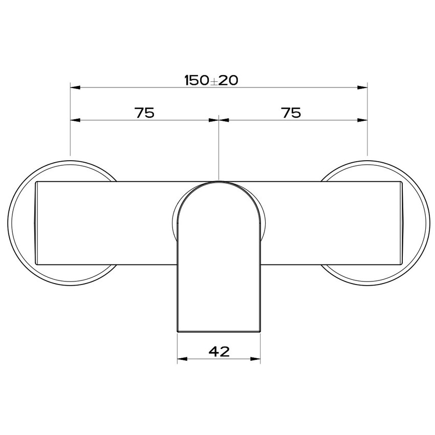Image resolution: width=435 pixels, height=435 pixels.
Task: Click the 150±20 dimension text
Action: pyautogui.click(x=211, y=80)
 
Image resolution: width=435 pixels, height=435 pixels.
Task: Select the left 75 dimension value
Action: pyautogui.click(x=145, y=113)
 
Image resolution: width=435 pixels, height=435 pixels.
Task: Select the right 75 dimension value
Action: pyautogui.click(x=291, y=113)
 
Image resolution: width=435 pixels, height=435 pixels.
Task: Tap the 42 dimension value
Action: pyautogui.click(x=219, y=352)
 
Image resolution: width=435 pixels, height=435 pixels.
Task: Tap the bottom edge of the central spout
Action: pyautogui.click(x=219, y=332)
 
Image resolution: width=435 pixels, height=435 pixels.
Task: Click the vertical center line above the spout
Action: pyautogui.click(x=219, y=154)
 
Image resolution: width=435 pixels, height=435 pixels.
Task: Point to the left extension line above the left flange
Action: pyautogui.click(x=71, y=138)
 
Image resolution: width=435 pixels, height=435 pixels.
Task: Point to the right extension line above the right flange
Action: pyautogui.click(x=367, y=138)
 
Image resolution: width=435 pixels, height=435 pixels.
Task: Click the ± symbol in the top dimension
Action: pyautogui.click(x=213, y=81)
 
